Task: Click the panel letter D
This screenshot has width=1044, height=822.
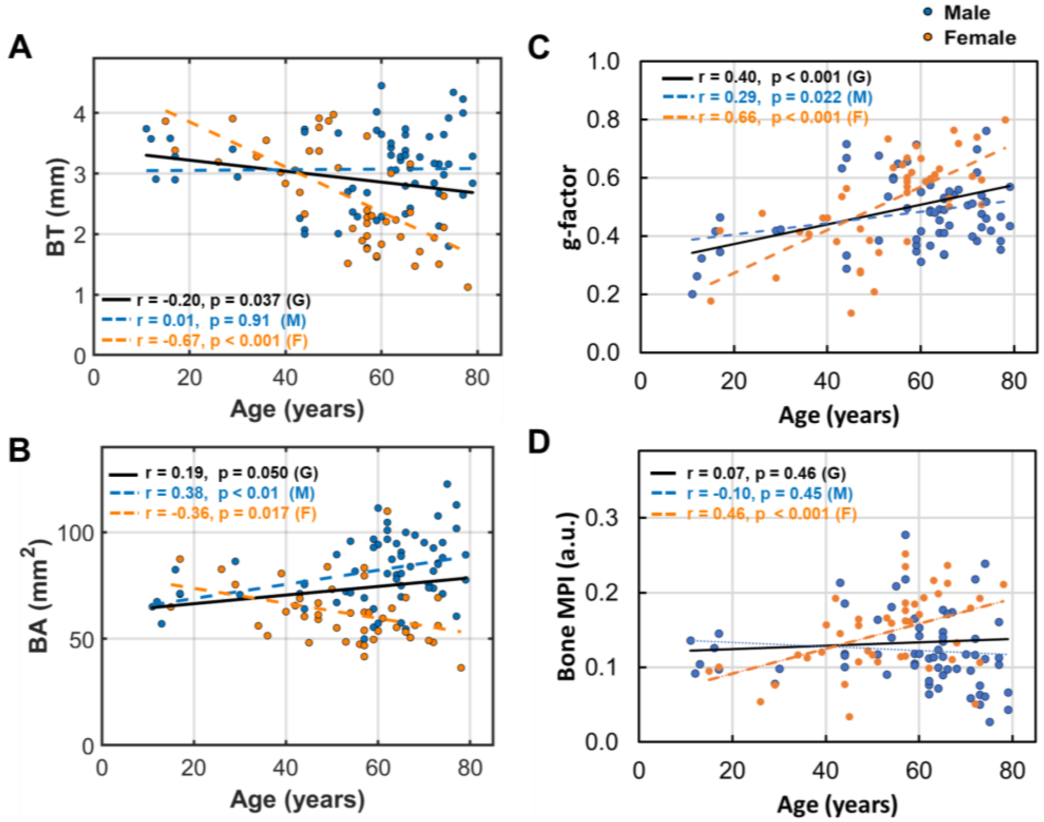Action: (539, 442)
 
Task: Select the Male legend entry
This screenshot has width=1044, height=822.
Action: (966, 13)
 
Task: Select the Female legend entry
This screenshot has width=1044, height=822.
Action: (979, 38)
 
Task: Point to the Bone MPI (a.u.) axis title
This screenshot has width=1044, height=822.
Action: (567, 597)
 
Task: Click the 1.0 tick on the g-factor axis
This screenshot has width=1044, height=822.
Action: (608, 61)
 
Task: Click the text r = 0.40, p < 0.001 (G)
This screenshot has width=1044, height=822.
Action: (784, 77)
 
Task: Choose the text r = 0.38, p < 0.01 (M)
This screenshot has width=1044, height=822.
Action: (230, 493)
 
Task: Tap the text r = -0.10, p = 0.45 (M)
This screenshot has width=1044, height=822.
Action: (769, 494)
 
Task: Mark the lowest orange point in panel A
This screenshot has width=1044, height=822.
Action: (467, 287)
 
